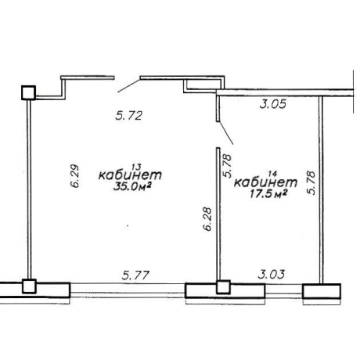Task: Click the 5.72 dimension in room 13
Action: tap(129, 115)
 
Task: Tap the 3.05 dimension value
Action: tap(273, 104)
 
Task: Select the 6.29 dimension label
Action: tap(75, 175)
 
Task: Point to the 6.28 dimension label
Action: tap(207, 218)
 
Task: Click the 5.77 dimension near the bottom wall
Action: tap(135, 275)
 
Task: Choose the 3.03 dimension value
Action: tap(272, 275)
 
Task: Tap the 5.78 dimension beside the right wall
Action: tap(311, 182)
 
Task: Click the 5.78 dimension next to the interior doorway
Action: tap(227, 166)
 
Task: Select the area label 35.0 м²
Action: tap(133, 187)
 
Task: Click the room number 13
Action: tap(136, 167)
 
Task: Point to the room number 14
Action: tap(272, 174)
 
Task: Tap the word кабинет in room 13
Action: tap(130, 175)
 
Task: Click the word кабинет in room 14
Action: tap(265, 182)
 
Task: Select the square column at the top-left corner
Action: tap(28, 92)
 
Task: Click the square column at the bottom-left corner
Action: tap(29, 286)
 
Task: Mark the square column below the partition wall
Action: tap(223, 287)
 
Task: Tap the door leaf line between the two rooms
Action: tap(225, 133)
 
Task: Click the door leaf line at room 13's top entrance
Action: tap(129, 86)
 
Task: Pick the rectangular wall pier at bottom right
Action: tap(322, 291)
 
